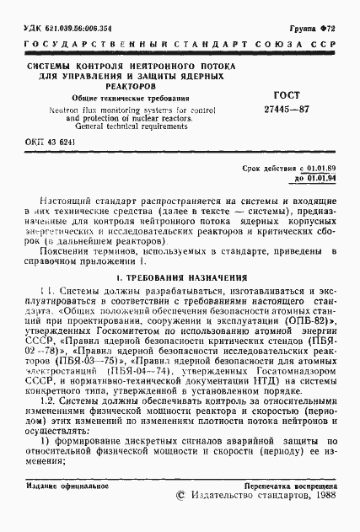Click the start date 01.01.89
click(321, 169)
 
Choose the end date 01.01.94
click(321, 178)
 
